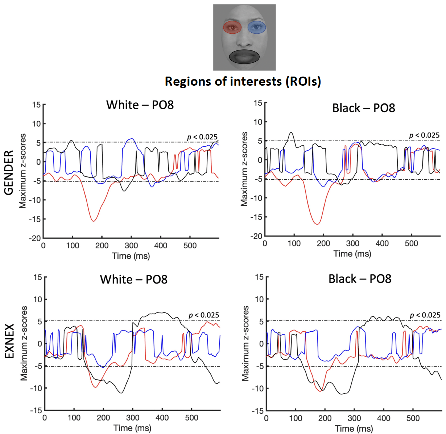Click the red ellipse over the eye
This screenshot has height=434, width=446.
point(232,27)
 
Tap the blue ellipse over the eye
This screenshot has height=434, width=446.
point(257,27)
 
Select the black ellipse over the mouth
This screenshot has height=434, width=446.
point(244,57)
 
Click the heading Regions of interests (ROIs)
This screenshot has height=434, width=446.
point(243,81)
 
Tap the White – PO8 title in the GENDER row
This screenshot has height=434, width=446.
point(140,105)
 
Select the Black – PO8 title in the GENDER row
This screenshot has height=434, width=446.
point(363,108)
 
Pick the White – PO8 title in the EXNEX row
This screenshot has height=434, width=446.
point(134,279)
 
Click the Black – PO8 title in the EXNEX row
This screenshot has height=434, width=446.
point(360,279)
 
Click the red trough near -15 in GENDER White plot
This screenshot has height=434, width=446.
point(94,221)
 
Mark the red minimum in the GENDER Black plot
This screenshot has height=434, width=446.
point(317,224)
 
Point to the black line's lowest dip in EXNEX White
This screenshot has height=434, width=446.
point(121,393)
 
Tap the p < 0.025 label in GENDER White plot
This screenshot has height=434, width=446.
point(202,137)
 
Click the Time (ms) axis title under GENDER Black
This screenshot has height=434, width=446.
point(352,253)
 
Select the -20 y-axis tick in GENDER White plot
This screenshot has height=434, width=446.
point(35,238)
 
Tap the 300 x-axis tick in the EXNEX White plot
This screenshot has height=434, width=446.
point(133,418)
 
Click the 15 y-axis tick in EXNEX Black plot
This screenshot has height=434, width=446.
point(259,277)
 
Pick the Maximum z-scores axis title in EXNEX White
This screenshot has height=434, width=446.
point(24,343)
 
